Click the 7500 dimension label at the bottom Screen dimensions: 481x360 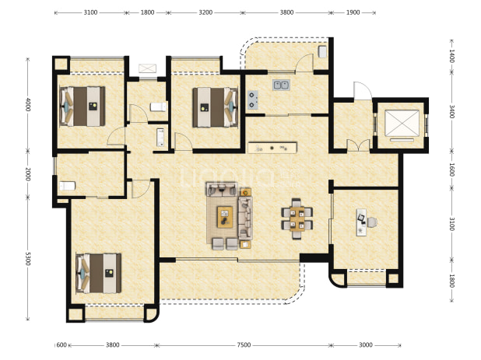click(244, 345)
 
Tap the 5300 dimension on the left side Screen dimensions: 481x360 click(27, 259)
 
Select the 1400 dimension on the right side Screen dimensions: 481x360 click(451, 56)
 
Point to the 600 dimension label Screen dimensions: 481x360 click(61, 345)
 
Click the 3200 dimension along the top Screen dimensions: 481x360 click(205, 12)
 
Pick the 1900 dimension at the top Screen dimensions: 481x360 click(353, 12)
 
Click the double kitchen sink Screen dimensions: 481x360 click(281, 85)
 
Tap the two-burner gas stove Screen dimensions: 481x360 click(252, 100)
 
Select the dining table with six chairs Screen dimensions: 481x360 click(297, 218)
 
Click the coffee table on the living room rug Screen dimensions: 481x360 click(225, 217)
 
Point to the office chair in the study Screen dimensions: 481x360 click(372, 222)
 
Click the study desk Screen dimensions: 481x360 click(361, 222)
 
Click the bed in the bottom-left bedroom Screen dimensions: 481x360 click(99, 273)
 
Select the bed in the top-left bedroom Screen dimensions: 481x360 click(83, 107)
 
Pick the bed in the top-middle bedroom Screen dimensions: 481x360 click(216, 107)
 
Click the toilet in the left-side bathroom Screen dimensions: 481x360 click(67, 186)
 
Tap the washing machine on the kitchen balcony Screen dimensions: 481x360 click(322, 51)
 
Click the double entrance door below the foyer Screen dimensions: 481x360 click(358, 145)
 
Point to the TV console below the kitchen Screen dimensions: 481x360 click(272, 148)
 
